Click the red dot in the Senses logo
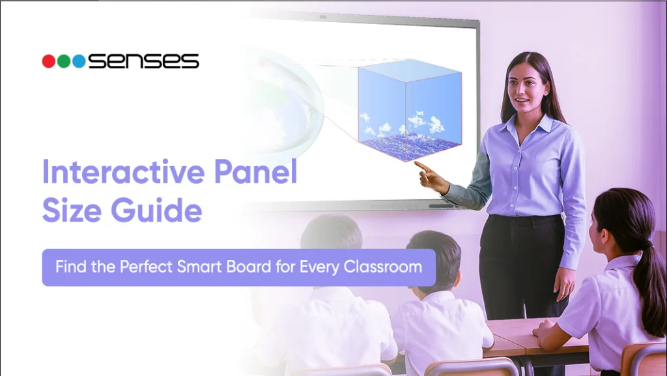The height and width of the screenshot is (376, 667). coord(48,61)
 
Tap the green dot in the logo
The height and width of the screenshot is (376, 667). coord(64,61)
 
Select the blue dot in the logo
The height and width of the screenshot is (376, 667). coord(79,61)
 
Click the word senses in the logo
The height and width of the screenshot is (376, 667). coord(143,61)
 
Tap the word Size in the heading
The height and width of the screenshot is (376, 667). coord(72,211)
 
